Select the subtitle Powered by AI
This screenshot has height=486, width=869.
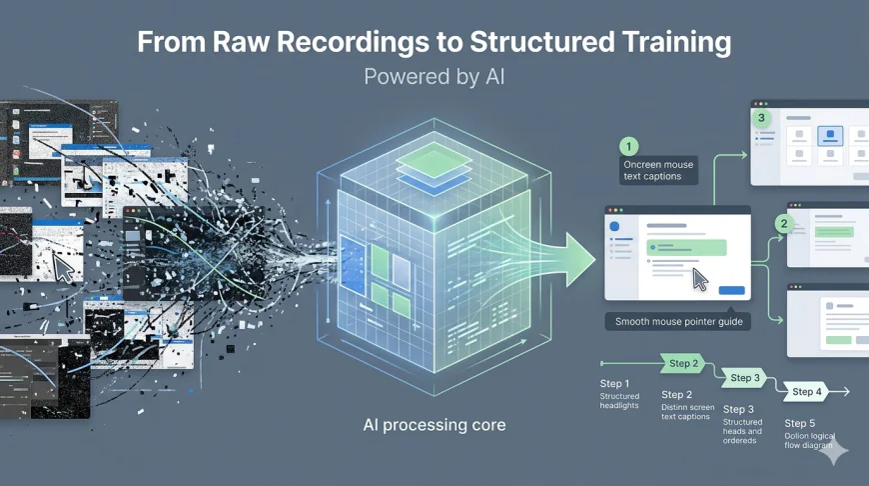click(434, 77)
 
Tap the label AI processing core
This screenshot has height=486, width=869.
click(434, 425)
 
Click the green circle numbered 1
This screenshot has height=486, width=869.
click(628, 146)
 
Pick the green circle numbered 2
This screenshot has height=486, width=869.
click(784, 224)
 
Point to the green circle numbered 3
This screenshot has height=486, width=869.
click(762, 118)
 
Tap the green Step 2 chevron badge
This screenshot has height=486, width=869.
click(683, 363)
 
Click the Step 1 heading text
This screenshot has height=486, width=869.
click(614, 384)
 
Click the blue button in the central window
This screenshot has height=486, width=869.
click(731, 290)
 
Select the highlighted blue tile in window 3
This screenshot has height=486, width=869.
click(831, 136)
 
